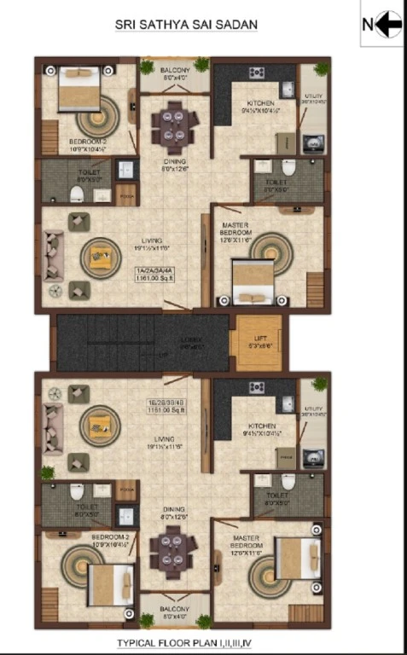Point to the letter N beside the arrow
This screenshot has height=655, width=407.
pos(368,25)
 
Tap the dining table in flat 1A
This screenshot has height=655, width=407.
pos(174,126)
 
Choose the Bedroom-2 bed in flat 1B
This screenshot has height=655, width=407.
pos(110,585)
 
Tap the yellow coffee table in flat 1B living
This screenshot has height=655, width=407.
pos(100,424)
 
